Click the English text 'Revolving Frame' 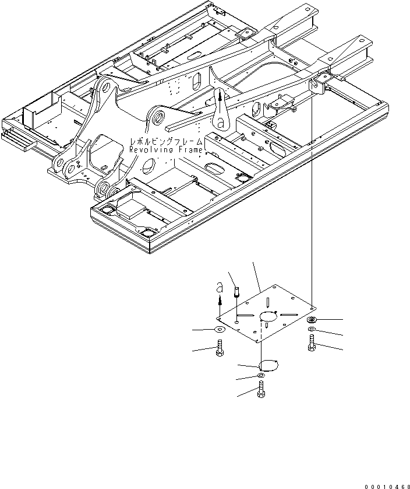166,150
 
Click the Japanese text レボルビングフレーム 167,142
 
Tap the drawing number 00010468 387,485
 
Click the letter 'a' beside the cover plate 219,288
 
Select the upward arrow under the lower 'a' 219,300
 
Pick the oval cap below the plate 268,365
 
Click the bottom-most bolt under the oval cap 260,392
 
